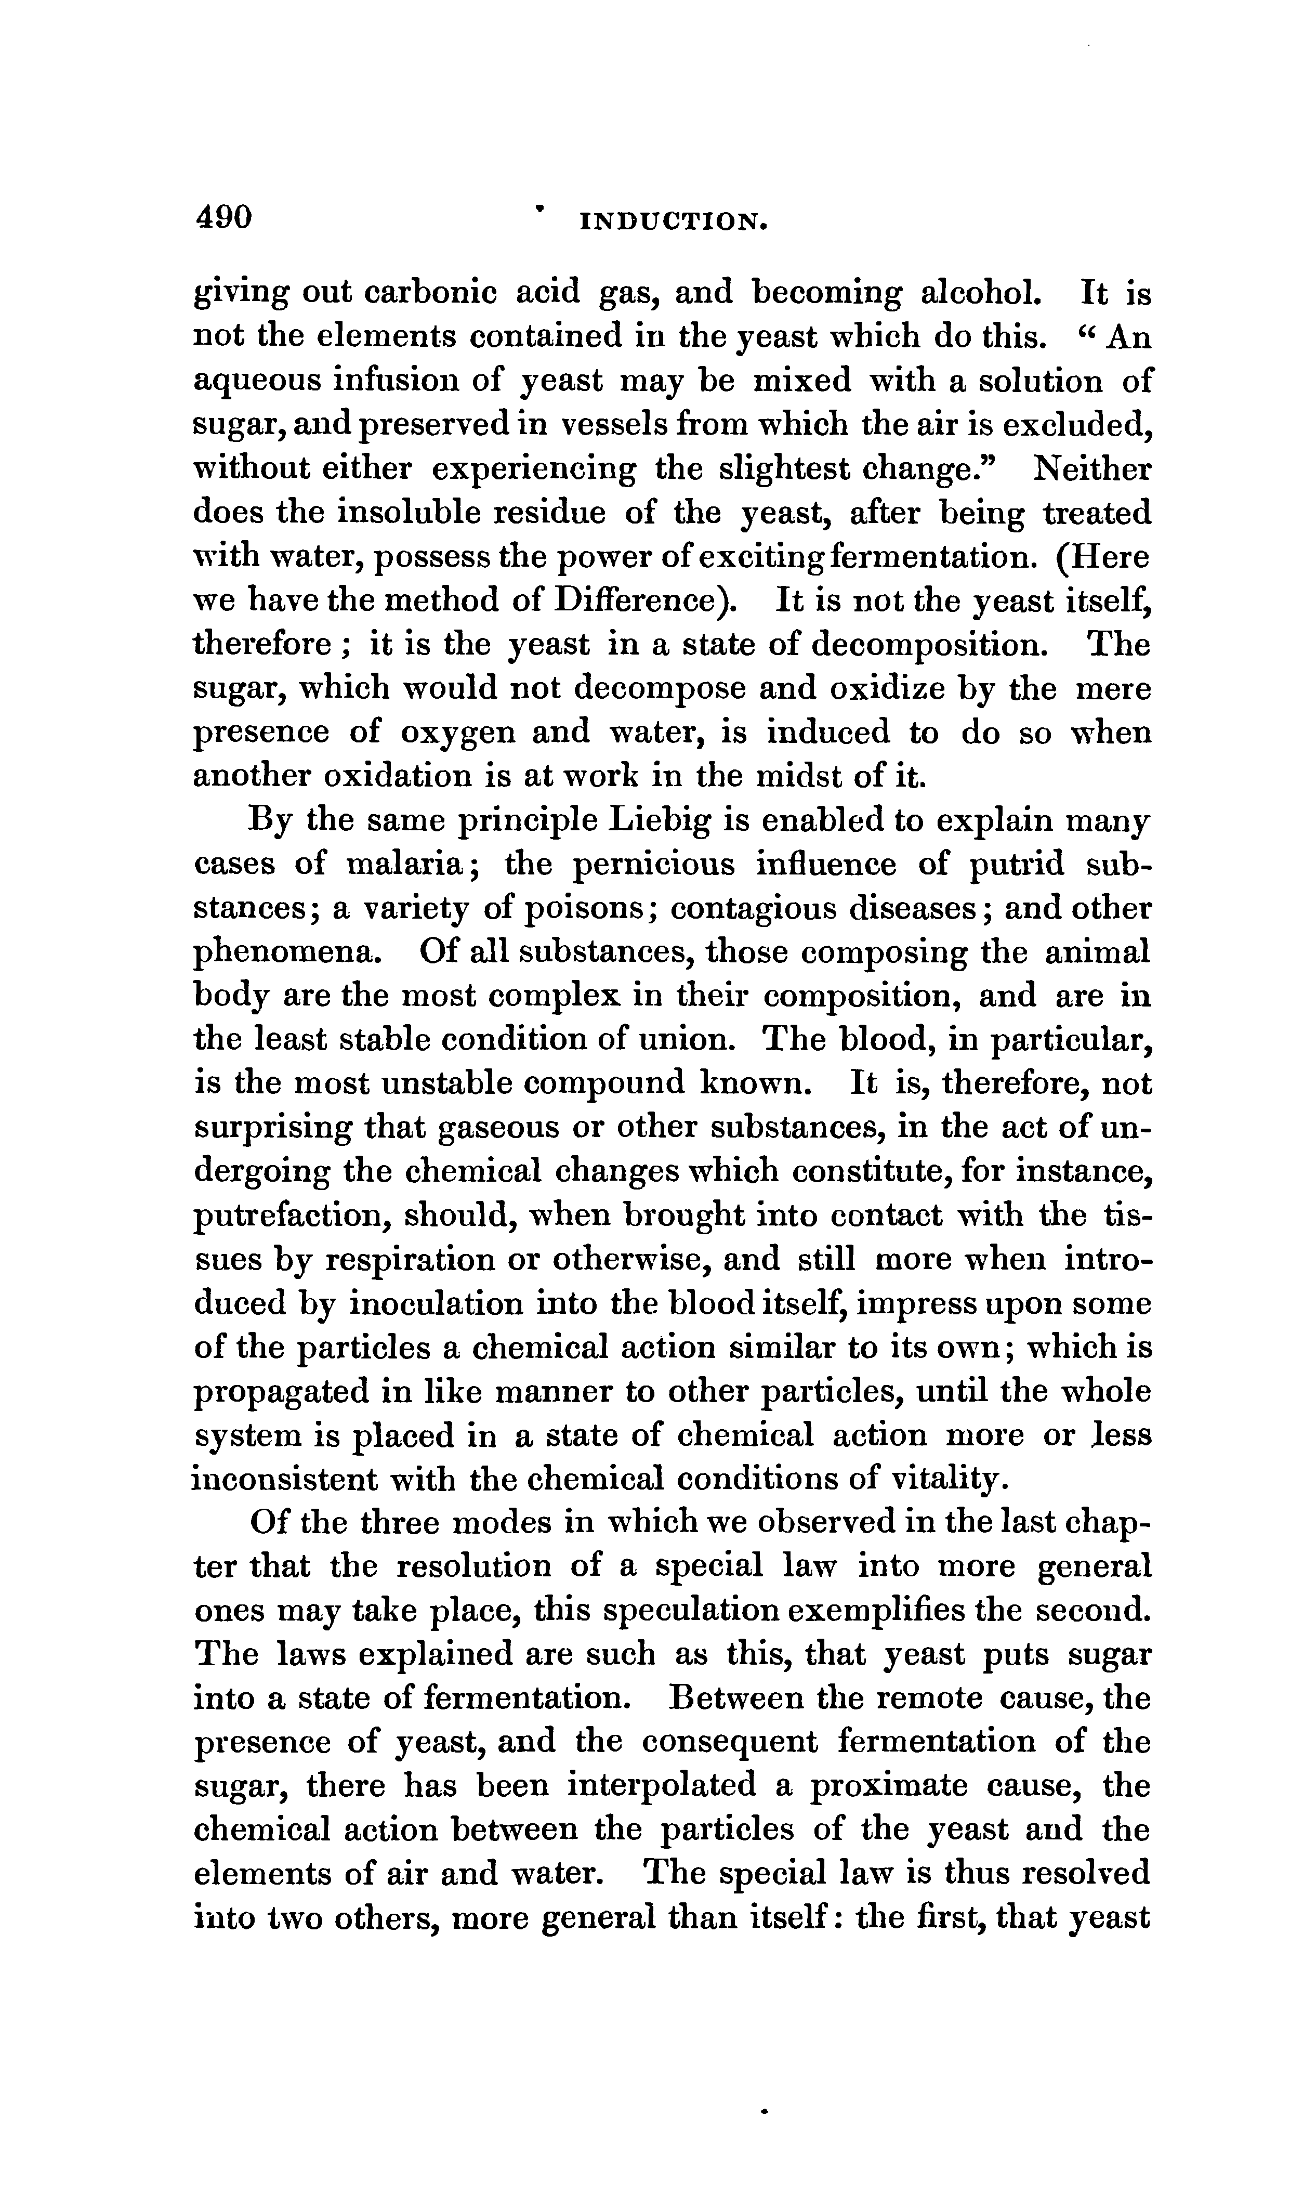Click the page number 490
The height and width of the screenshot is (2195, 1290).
pyautogui.click(x=224, y=216)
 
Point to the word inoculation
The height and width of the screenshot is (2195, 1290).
pyautogui.click(x=435, y=1304)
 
